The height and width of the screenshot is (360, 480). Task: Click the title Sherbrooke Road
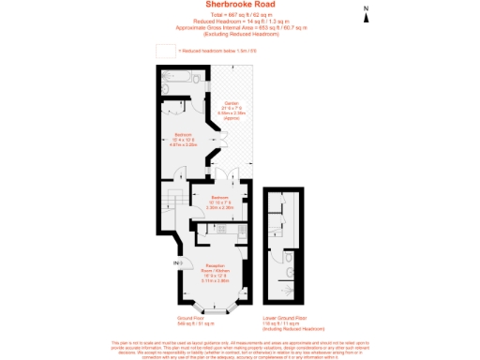(240, 7)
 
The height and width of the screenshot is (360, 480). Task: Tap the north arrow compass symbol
(367, 12)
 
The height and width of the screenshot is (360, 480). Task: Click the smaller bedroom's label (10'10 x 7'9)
(218, 202)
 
